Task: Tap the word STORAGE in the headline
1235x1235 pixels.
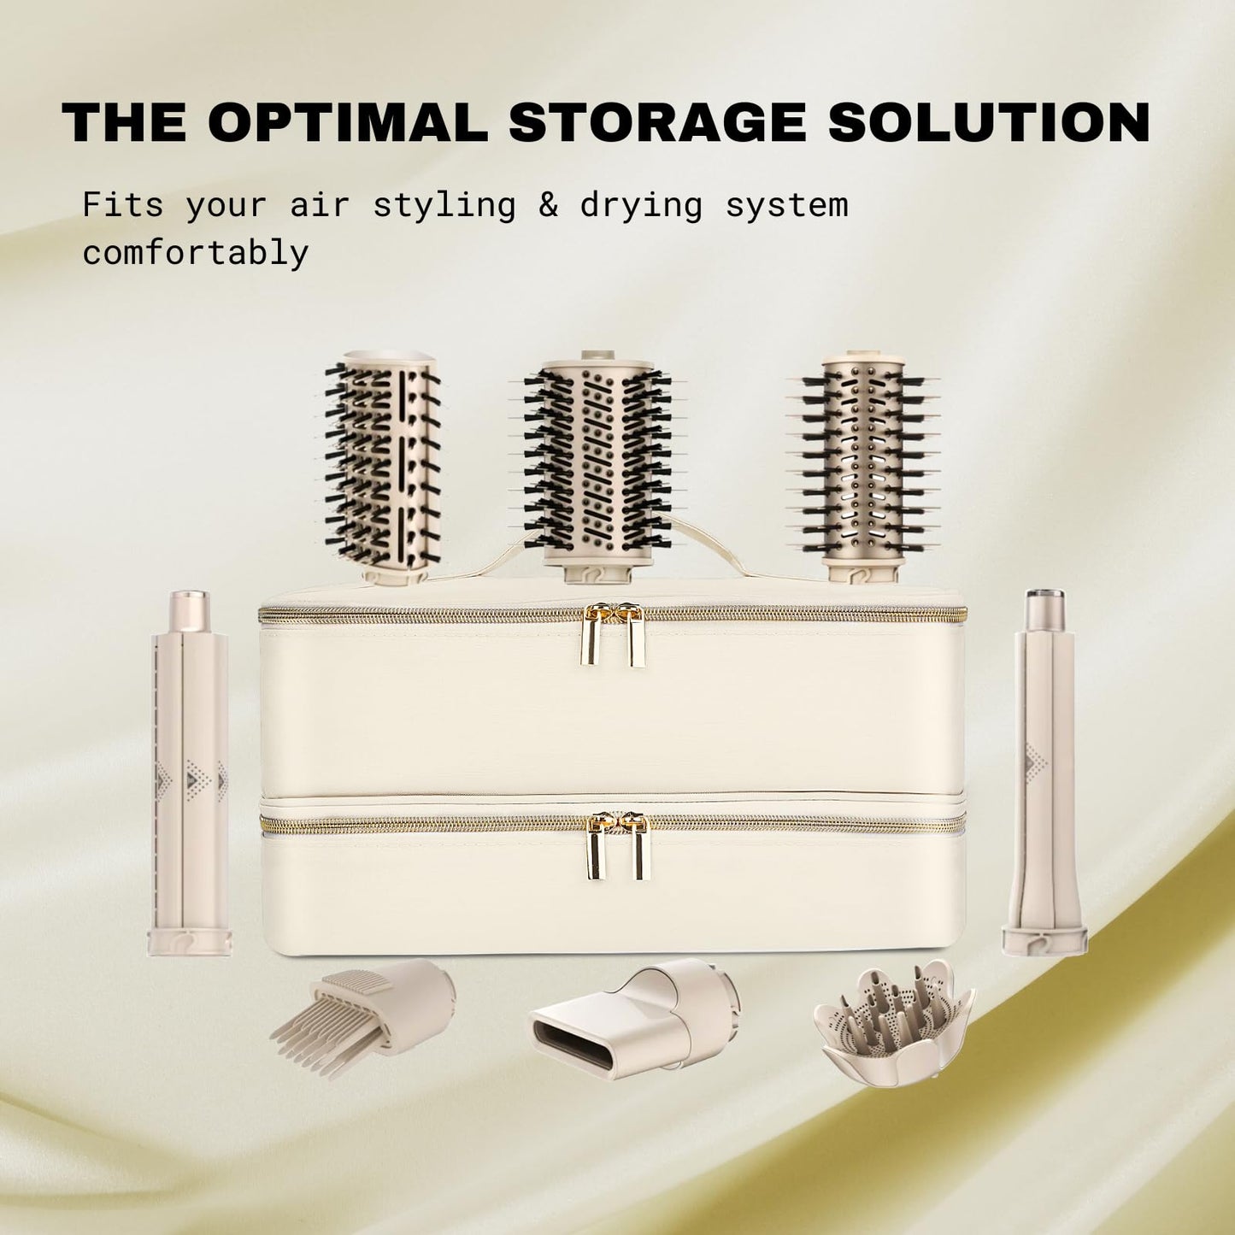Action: (656, 121)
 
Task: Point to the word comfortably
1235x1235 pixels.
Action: (196, 252)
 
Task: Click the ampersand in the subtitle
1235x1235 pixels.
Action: (548, 205)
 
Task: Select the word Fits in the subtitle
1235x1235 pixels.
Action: (123, 205)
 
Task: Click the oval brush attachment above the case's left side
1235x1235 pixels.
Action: (383, 466)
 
